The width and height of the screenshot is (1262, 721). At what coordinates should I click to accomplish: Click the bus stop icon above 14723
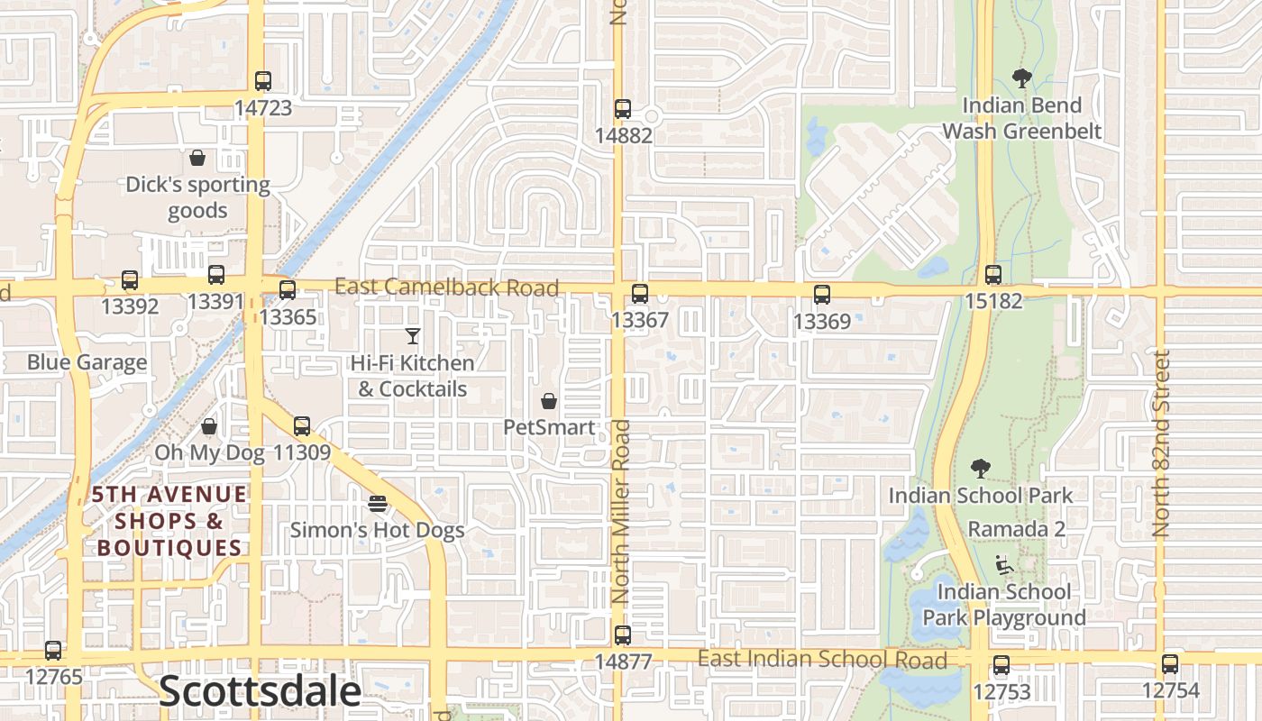(x=262, y=81)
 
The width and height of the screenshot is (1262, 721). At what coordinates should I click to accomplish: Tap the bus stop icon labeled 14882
(x=623, y=109)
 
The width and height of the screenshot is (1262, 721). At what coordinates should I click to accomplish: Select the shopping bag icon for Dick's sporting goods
(x=197, y=159)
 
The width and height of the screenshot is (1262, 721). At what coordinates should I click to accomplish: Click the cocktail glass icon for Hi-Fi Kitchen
(x=413, y=336)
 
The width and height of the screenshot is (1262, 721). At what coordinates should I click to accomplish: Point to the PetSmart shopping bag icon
(x=548, y=401)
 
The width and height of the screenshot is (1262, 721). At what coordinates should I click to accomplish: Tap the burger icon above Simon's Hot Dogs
(x=378, y=503)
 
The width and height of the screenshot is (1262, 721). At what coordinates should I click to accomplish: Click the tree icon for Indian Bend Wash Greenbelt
(x=1021, y=78)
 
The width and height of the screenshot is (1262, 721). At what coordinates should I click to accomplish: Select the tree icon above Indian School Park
(x=981, y=469)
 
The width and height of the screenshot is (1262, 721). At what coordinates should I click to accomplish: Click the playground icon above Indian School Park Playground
(x=1004, y=565)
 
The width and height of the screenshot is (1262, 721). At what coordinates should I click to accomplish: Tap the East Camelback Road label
(x=446, y=287)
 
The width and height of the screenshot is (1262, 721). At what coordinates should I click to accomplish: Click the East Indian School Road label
(x=822, y=660)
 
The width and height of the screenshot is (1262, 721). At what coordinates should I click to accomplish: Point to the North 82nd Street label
(x=1161, y=443)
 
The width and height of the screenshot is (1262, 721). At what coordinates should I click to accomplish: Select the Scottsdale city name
(x=260, y=691)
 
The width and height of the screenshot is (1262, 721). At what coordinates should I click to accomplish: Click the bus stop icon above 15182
(x=993, y=275)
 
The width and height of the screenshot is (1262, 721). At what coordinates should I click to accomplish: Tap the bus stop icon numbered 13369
(x=822, y=294)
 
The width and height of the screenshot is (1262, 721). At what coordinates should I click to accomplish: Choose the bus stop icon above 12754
(x=1170, y=665)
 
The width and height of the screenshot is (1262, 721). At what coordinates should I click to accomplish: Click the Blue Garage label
(x=87, y=362)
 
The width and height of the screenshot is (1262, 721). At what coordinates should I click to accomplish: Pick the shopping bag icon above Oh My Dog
(x=209, y=426)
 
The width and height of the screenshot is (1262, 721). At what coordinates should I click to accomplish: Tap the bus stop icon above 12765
(x=53, y=651)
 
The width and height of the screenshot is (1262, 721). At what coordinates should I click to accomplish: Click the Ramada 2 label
(x=1016, y=528)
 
